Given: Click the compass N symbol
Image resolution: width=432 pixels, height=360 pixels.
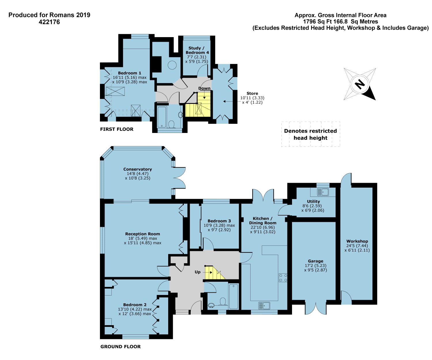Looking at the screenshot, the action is [x=360, y=84].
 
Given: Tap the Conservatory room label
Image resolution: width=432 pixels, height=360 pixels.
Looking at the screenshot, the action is [x=138, y=169].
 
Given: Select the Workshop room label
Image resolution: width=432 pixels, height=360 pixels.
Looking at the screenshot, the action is [x=357, y=241].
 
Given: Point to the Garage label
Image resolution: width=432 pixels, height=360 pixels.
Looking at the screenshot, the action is [x=316, y=261].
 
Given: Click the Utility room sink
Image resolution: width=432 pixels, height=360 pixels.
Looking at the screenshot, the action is [x=323, y=192].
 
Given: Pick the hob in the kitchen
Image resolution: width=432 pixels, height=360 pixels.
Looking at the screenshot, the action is [x=283, y=278].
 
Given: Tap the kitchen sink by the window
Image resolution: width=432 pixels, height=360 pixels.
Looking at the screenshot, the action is [x=264, y=306].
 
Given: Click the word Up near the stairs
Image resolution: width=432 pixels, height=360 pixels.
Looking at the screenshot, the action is [x=198, y=272].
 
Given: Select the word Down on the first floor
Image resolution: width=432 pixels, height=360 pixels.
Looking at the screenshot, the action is [x=204, y=88].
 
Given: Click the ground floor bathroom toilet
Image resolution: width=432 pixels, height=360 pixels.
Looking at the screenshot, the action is [x=223, y=302].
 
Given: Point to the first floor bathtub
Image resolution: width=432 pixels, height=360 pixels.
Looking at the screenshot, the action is [x=162, y=117].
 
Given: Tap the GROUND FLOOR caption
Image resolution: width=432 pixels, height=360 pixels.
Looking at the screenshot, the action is [x=120, y=346].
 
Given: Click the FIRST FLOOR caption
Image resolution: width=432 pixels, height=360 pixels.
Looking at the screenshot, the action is [x=117, y=129].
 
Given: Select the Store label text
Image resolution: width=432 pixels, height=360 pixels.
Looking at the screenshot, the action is [x=252, y=93].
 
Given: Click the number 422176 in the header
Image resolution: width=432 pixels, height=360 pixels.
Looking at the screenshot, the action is [x=49, y=22].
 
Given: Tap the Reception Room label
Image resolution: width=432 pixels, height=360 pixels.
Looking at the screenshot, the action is [x=143, y=234].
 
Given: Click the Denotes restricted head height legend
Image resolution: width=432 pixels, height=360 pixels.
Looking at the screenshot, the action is [x=310, y=134].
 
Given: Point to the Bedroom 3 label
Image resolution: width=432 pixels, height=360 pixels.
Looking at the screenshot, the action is [x=219, y=221].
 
